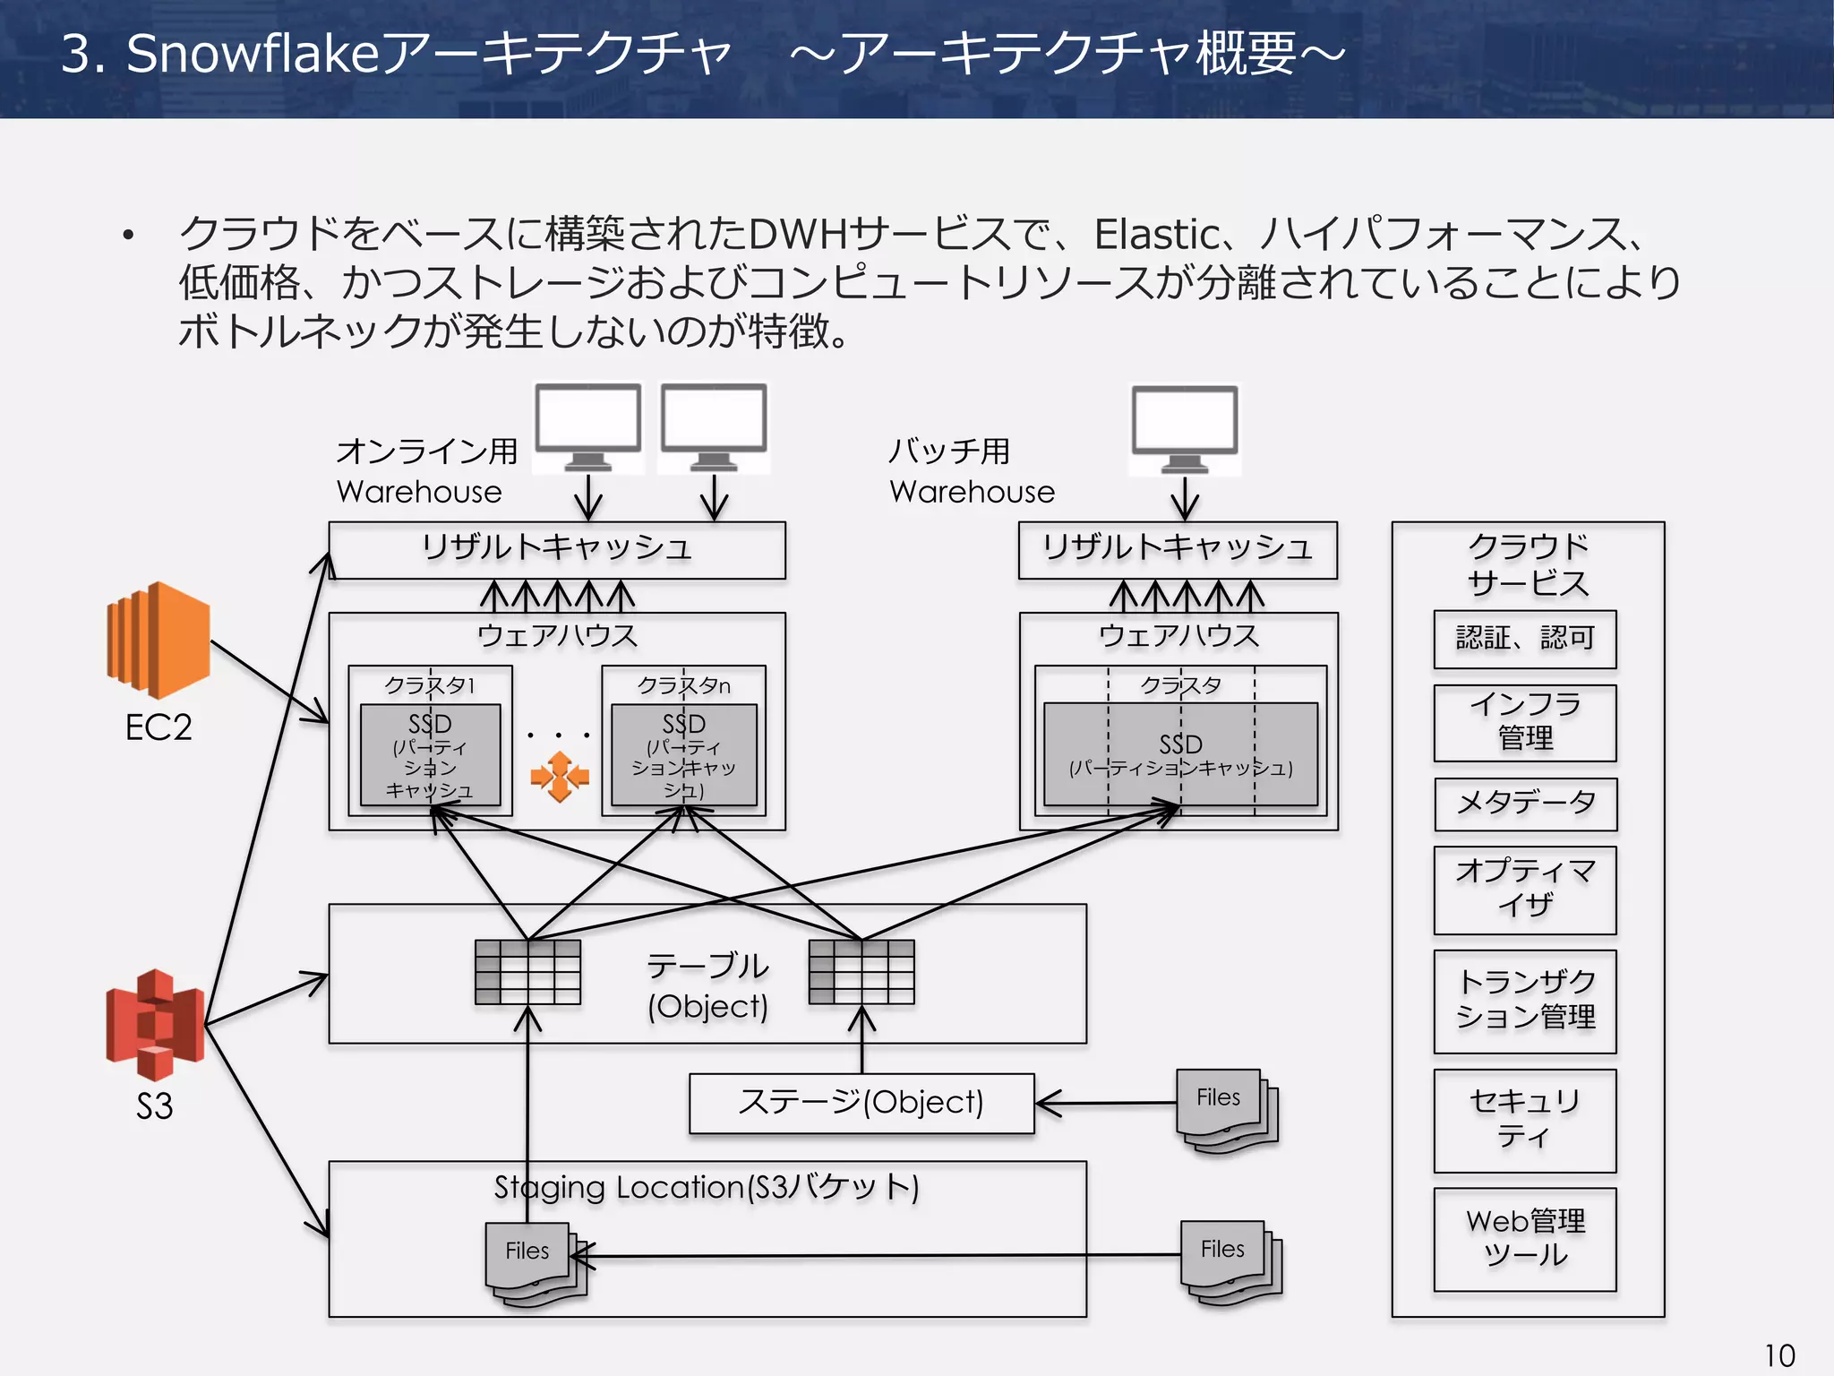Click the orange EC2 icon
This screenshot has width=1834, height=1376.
pos(159,640)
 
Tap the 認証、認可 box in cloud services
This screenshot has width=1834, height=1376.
pos(1524,639)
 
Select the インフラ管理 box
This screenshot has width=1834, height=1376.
pos(1524,722)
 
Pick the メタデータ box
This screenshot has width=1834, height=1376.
pos(1524,804)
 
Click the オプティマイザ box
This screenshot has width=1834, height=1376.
pos(1524,889)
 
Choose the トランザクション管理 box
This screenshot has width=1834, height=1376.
pos(1524,1000)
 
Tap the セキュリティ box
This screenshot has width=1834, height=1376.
pos(1524,1120)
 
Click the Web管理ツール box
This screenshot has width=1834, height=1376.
pos(1524,1238)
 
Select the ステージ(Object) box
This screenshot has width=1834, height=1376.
pos(861,1103)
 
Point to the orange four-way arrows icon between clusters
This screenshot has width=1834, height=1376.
pos(559,776)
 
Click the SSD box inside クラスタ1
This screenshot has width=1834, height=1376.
pos(430,754)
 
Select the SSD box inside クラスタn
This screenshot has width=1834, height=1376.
pos(683,754)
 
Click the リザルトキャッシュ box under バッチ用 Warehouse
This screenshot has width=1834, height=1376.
pos(1177,549)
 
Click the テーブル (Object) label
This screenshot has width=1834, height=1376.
pos(707,985)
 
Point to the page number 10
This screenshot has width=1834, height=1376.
pos(1778,1354)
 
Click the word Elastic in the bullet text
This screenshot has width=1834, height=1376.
pos(1156,235)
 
